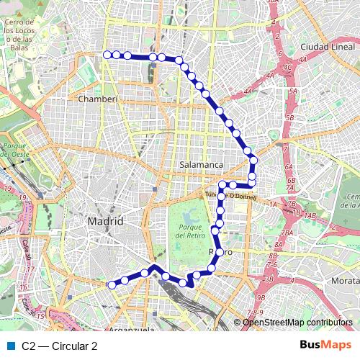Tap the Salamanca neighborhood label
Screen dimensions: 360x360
pyautogui.click(x=201, y=165)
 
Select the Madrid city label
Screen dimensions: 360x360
pyautogui.click(x=105, y=221)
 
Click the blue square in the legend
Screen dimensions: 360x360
pyautogui.click(x=11, y=346)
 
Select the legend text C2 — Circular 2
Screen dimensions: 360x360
pyautogui.click(x=60, y=346)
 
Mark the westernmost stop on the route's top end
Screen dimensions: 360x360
pyautogui.click(x=107, y=55)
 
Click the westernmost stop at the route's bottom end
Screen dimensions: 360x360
pyautogui.click(x=112, y=285)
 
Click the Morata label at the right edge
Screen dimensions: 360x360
pyautogui.click(x=345, y=279)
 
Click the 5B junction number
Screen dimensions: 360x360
pyautogui.click(x=289, y=117)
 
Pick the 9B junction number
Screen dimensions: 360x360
pyautogui.click(x=261, y=297)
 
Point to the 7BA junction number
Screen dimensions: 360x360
pyautogui.click(x=287, y=233)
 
